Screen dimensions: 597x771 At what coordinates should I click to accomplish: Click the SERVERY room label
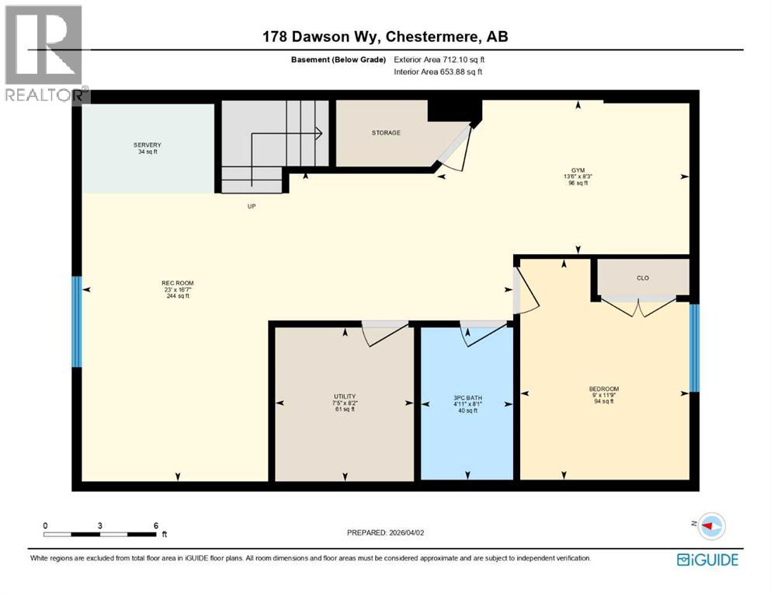[147, 145]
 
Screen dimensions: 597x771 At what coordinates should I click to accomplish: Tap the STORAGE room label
[386, 133]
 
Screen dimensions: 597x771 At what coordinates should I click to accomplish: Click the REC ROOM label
[177, 283]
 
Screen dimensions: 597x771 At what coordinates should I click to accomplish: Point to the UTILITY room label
[344, 397]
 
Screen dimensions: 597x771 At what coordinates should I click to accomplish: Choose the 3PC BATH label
[466, 397]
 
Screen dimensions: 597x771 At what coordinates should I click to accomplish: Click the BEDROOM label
[603, 389]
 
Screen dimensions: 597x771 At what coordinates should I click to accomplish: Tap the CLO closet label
[642, 278]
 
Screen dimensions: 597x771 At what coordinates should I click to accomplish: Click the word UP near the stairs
[252, 207]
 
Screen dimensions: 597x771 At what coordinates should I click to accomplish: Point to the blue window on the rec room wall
[76, 322]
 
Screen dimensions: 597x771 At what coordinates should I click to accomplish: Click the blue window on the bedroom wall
[695, 347]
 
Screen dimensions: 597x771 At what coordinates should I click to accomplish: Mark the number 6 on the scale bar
[156, 525]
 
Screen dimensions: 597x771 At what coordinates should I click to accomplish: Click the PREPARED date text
[386, 532]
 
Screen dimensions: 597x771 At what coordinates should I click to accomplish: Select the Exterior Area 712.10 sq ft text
[439, 59]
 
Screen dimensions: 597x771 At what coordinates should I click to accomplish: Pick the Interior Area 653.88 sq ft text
[438, 72]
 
